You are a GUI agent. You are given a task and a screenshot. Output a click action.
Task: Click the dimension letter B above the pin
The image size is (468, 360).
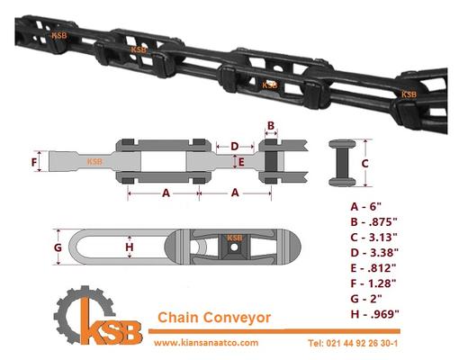271,125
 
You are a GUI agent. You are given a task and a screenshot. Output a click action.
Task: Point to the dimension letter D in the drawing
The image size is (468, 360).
235,147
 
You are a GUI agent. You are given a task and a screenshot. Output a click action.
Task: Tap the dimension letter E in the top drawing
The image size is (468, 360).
241,162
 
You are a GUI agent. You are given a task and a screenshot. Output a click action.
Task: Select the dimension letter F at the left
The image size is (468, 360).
34,162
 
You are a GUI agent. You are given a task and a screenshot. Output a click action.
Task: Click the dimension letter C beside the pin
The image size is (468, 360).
364,164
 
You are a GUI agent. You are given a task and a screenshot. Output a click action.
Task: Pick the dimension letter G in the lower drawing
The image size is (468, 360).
58,247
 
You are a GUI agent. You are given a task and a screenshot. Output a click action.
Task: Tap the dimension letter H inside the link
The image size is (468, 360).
130,247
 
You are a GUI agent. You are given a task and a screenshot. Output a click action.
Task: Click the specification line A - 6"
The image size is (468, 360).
365,207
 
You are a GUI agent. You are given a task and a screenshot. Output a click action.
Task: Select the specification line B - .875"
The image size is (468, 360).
373,222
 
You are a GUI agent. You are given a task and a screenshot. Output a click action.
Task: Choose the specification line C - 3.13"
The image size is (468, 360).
373,238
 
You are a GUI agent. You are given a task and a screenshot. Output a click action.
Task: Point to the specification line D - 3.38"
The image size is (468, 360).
374,253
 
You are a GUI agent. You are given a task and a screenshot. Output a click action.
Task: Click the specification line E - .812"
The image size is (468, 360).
373,268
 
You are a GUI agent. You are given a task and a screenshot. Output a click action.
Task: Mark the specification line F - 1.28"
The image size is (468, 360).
373,283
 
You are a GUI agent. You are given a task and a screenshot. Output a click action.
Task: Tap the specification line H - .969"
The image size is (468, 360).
375,314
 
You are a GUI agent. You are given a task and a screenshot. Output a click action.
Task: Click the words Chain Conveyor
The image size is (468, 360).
214,318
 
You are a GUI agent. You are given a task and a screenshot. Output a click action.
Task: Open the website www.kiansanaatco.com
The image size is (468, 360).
206,343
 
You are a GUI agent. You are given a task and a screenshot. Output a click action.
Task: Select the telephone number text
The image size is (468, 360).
353,343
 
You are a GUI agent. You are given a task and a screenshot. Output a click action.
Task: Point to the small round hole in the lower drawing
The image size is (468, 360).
234,247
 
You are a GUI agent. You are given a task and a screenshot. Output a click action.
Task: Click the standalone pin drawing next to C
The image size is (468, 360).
342,163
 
